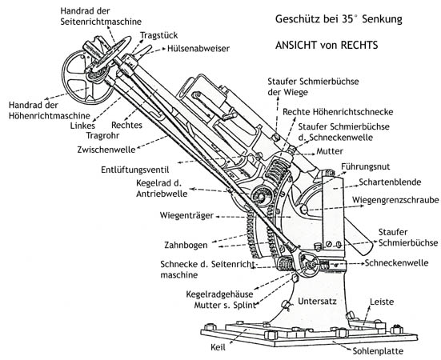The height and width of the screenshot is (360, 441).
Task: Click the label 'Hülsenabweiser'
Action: click(198, 48)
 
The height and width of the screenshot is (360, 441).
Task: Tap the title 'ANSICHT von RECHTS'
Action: click(327, 46)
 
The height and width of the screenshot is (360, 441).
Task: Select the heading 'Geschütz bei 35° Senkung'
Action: click(339, 19)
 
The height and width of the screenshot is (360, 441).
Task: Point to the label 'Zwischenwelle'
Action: click(106, 150)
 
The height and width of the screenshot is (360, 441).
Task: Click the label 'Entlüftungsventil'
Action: click(135, 170)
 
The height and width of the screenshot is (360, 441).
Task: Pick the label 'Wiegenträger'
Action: click(186, 215)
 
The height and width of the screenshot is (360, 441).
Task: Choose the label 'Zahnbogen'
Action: click(186, 245)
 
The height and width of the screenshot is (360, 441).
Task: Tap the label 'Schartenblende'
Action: click(390, 182)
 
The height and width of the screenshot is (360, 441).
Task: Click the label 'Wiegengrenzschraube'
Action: click(395, 200)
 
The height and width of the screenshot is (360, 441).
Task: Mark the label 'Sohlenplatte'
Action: click(378, 350)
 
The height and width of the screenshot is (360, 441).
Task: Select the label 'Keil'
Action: click(218, 347)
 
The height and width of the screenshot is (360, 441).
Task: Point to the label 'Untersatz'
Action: click(317, 302)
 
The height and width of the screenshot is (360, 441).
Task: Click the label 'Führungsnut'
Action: click(365, 166)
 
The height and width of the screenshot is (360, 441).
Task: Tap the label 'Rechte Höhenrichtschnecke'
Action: click(338, 112)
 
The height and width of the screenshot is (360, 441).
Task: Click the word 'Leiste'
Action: click(382, 302)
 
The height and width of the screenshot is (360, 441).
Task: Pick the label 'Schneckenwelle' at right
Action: click(396, 262)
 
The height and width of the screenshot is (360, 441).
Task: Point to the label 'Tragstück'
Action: click(159, 35)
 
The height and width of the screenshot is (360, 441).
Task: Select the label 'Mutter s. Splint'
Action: click(225, 305)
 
